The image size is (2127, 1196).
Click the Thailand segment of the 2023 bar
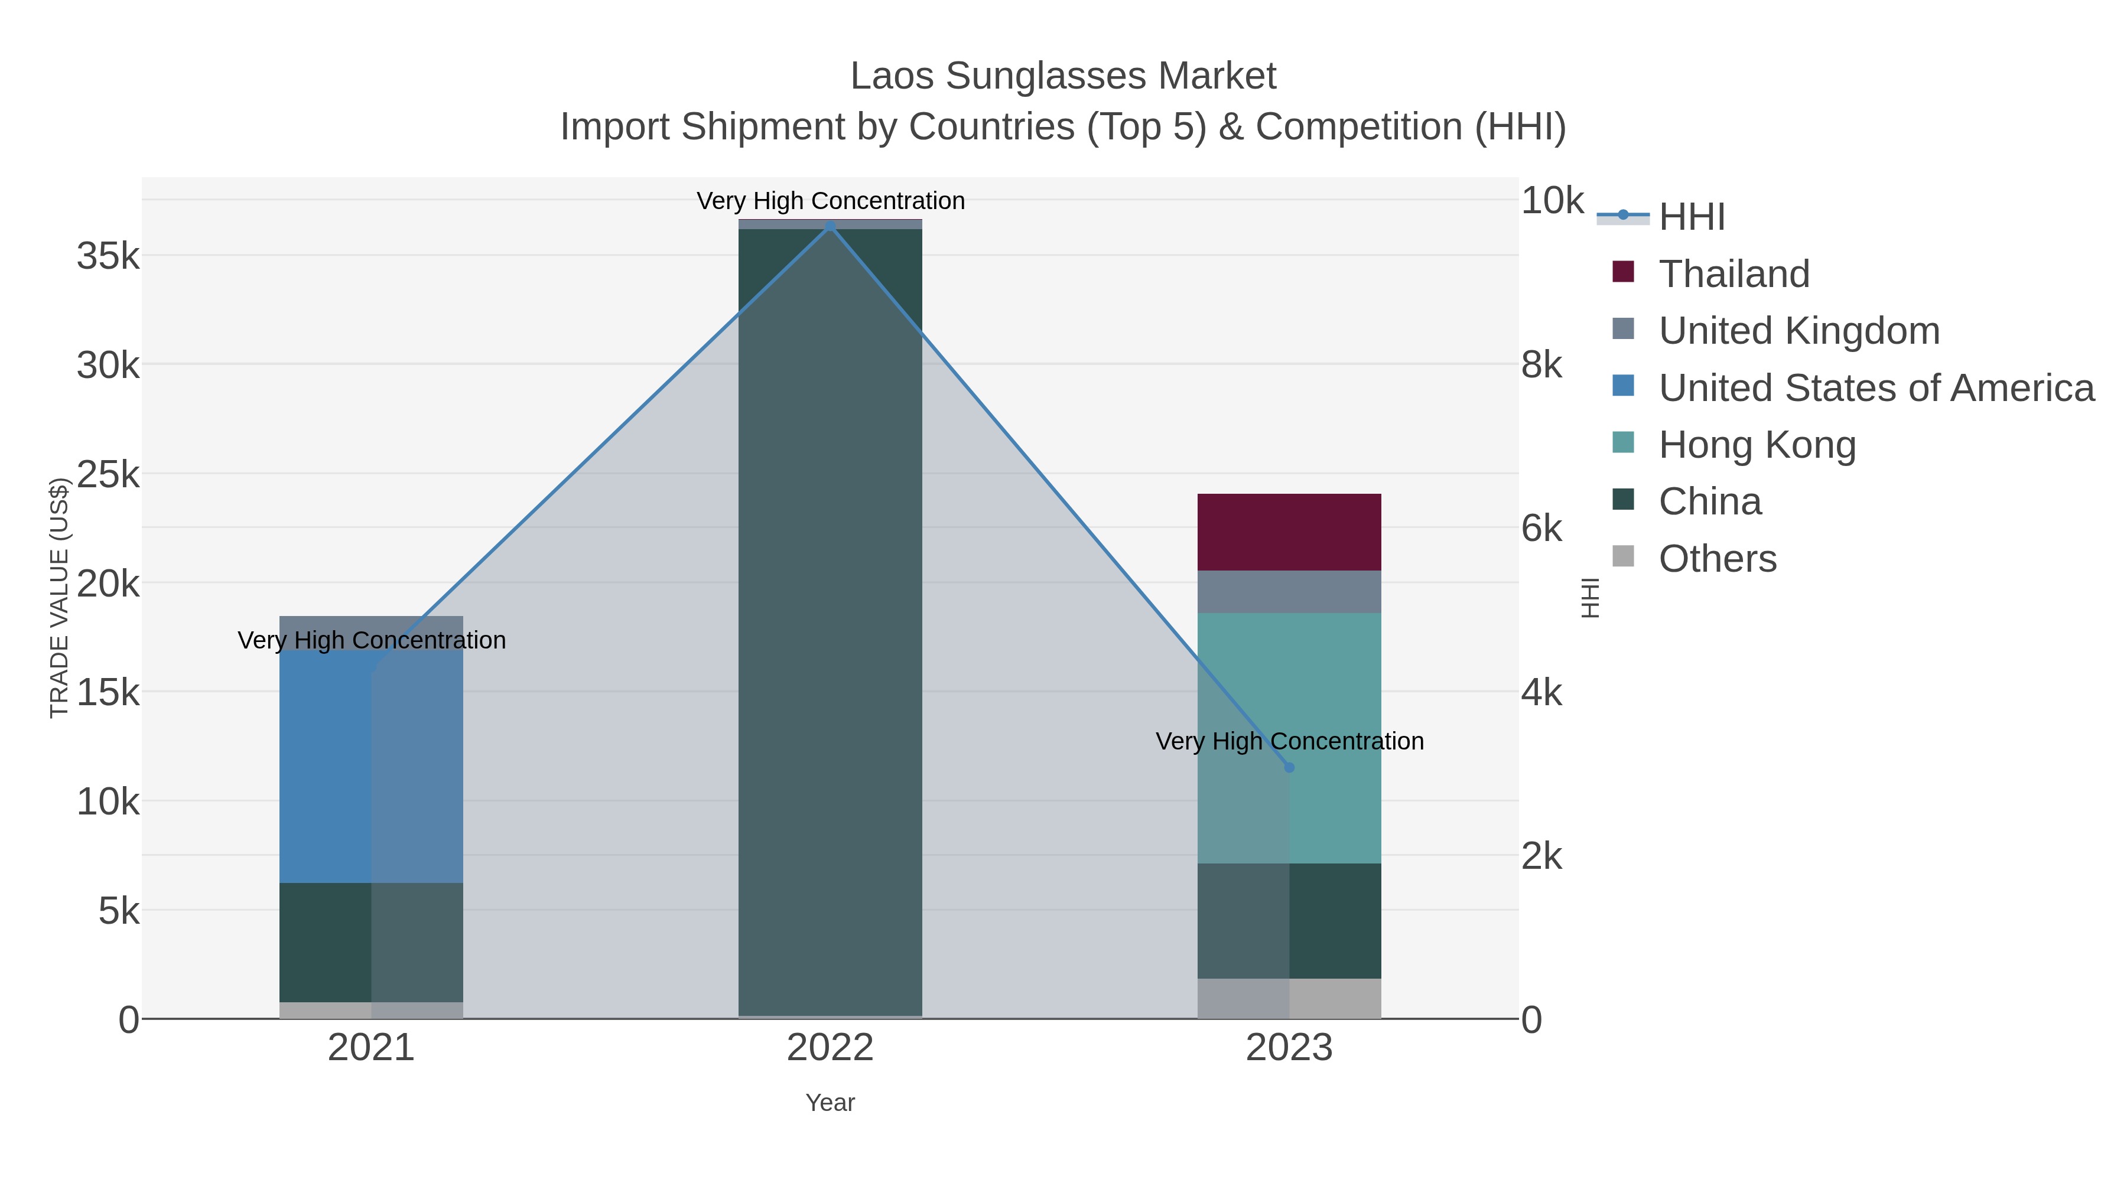tap(1289, 532)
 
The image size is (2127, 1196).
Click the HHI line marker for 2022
tap(831, 226)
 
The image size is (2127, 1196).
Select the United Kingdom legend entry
tap(1798, 331)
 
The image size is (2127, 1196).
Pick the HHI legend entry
tap(1691, 217)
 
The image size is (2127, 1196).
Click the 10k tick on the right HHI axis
tap(1552, 201)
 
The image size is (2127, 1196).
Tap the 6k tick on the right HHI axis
tap(1541, 528)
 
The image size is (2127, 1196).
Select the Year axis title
tap(830, 1103)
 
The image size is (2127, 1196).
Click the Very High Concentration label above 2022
tap(831, 201)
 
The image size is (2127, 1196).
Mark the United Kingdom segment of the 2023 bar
tap(1289, 591)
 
